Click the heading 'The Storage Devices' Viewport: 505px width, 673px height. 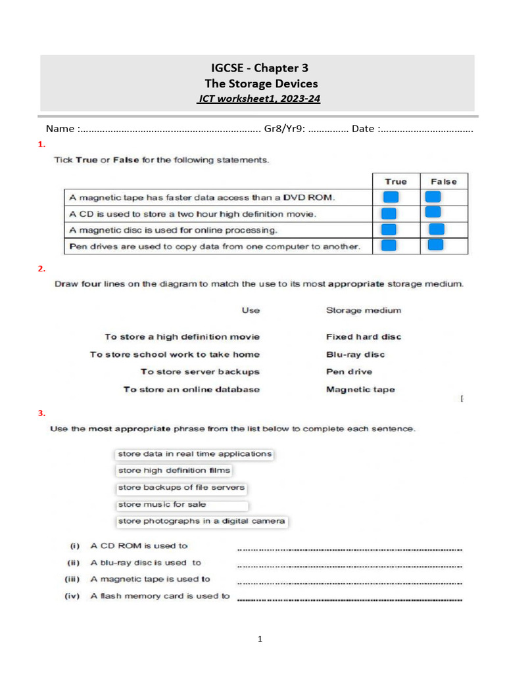click(x=260, y=83)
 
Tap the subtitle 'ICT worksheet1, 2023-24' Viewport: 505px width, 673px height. click(x=259, y=99)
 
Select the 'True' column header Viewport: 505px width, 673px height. click(x=396, y=181)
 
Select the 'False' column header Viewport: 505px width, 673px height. click(x=444, y=181)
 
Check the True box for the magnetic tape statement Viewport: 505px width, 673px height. click(x=391, y=197)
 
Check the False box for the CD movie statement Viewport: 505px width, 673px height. click(x=433, y=212)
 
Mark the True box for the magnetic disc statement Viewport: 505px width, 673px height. click(x=389, y=229)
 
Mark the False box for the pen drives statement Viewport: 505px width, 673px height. click(x=435, y=245)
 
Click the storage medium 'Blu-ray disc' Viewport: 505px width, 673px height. click(x=355, y=354)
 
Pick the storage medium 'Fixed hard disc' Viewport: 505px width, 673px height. click(x=363, y=336)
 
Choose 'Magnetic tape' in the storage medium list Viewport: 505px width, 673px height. click(x=360, y=389)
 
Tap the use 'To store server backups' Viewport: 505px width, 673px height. click(x=200, y=371)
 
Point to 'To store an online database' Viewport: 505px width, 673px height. click(x=191, y=389)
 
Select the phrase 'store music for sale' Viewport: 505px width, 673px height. click(x=162, y=505)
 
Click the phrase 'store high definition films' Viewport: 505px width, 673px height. click(x=174, y=471)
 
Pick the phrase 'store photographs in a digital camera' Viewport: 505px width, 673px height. click(x=201, y=521)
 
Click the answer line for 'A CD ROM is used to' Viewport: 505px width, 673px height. click(x=349, y=547)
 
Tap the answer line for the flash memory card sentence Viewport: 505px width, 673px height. click(x=349, y=598)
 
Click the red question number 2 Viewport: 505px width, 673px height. click(x=41, y=268)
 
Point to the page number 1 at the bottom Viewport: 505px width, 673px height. click(x=260, y=638)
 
